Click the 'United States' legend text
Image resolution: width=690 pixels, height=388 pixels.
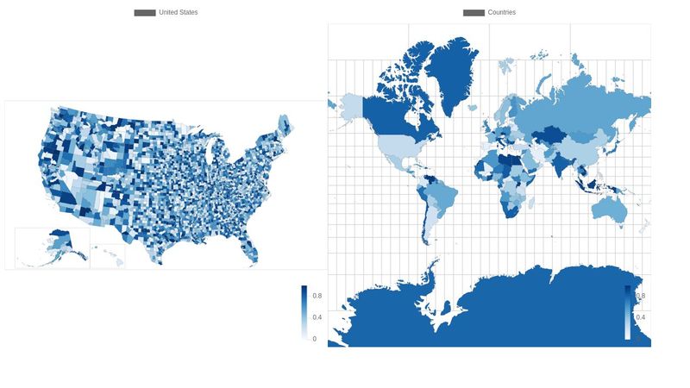[178, 12]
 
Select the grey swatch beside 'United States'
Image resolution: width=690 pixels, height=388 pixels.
[145, 12]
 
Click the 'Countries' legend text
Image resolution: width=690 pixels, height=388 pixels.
[502, 12]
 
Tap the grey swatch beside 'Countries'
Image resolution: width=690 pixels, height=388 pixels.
[474, 12]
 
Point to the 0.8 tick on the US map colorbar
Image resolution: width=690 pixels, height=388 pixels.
[317, 296]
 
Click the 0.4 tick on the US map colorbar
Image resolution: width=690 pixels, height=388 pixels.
[317, 317]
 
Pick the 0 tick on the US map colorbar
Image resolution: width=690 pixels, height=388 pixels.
[314, 339]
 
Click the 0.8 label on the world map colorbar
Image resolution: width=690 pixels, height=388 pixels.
[641, 296]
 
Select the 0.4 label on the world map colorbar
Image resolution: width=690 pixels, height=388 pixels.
[641, 317]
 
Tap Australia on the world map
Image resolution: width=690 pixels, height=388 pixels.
[611, 207]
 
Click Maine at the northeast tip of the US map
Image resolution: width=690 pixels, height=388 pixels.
[285, 131]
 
